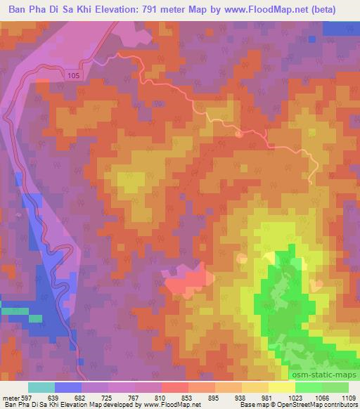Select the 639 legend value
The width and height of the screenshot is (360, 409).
[55, 398]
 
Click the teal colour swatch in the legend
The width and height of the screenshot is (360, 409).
[41, 387]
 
